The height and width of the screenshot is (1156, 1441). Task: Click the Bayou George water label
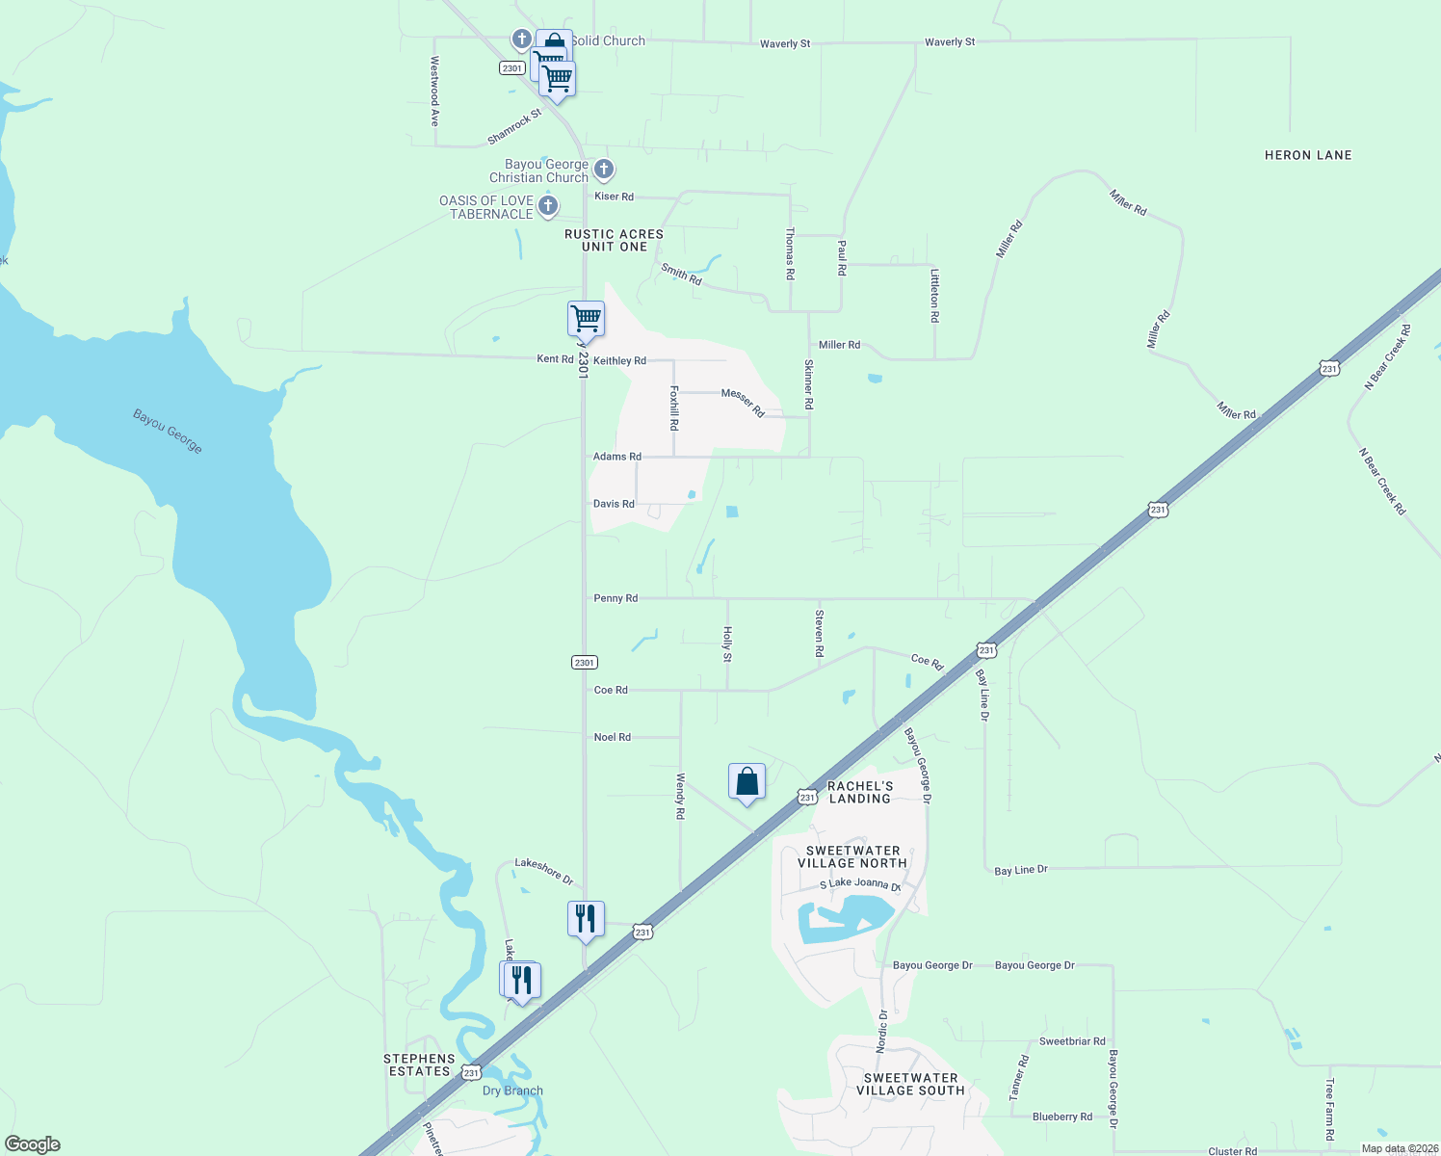point(168,432)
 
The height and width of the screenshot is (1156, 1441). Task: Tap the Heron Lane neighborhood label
point(1307,155)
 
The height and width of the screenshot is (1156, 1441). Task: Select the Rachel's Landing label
point(860,792)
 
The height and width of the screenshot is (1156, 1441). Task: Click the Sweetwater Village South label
point(910,1084)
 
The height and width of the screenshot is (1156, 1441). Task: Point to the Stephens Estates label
point(419,1064)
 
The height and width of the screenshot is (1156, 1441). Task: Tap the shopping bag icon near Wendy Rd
point(747,781)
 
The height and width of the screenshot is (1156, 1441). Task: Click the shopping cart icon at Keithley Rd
point(586,318)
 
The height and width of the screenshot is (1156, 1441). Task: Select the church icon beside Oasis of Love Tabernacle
point(547,205)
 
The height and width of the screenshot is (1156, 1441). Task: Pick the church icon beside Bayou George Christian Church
point(603,170)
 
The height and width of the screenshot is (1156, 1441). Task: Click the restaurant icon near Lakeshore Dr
point(586,919)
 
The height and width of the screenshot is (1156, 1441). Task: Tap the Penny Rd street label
point(616,598)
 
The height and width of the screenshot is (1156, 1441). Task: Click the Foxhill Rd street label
point(674,407)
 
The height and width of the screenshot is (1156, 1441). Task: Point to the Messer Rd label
point(743,403)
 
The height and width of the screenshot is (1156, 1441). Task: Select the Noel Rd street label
point(613,737)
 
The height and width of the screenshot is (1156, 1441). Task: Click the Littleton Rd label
point(934,295)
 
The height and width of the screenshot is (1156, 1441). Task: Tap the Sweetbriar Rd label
point(1072,1041)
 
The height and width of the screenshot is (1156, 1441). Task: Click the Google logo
point(33,1144)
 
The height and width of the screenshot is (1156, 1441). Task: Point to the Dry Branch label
point(512,1090)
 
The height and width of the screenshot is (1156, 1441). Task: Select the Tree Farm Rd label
point(1329,1109)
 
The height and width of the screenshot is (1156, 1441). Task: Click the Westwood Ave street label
point(434,92)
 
